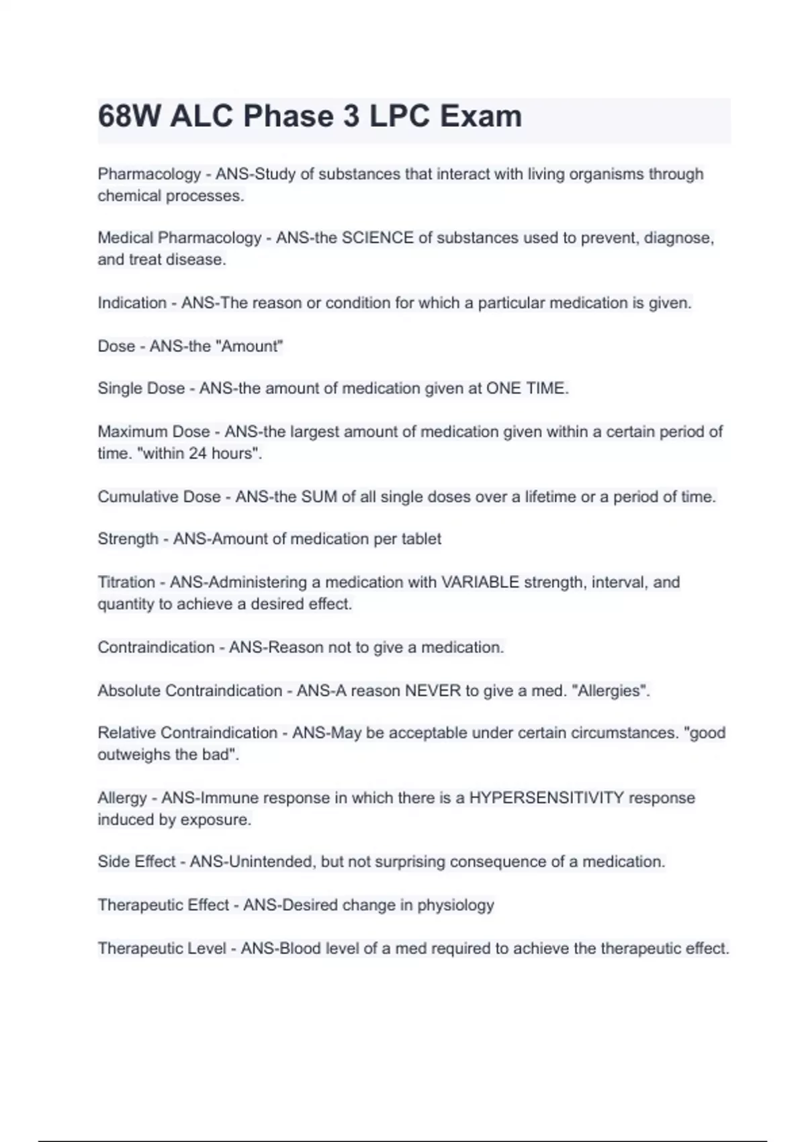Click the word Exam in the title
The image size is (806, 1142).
click(480, 116)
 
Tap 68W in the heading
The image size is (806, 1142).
click(129, 116)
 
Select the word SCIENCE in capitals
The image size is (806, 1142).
click(377, 238)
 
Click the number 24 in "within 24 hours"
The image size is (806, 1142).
click(197, 453)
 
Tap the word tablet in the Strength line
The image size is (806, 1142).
click(421, 539)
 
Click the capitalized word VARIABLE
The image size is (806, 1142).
click(480, 582)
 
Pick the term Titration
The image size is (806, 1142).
click(126, 582)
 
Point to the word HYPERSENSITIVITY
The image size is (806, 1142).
click(546, 798)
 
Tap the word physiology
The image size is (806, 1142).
click(455, 906)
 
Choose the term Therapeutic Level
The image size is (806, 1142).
click(162, 949)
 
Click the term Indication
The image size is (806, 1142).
click(132, 303)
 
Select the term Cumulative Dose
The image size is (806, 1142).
click(159, 497)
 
